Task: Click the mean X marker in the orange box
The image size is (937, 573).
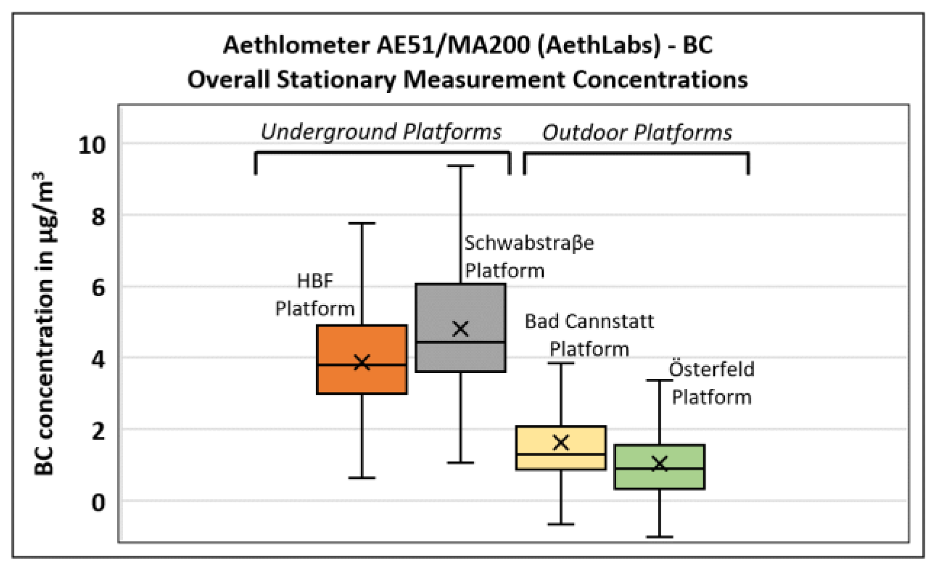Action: coord(362,362)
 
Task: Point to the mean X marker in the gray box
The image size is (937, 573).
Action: coord(461,329)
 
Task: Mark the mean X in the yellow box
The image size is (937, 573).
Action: coord(561,442)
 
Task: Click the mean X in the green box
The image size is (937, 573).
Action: coord(660,464)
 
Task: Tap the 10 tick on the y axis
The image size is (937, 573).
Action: coord(92,145)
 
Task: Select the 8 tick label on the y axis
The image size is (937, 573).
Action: coord(98,216)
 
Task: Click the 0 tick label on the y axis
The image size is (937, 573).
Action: coord(98,502)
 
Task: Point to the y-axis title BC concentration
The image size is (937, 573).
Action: coord(44,324)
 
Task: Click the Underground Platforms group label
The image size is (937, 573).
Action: coord(381,132)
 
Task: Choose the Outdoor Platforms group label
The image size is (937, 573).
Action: coord(637,132)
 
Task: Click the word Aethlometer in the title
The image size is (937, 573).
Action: coord(296,45)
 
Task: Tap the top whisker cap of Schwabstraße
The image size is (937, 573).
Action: coord(461,166)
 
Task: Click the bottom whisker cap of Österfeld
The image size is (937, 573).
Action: coord(660,537)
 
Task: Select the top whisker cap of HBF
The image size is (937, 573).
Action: coord(362,223)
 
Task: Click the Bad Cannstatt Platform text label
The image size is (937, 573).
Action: coord(589,335)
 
